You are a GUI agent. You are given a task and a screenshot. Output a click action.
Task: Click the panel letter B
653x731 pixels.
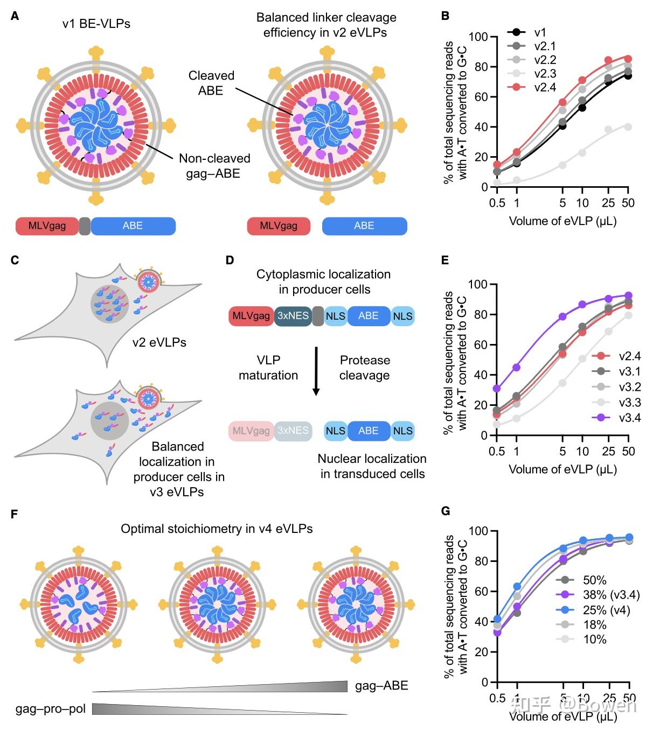pos(445,16)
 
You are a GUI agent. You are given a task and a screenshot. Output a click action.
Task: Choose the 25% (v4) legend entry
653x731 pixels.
pos(606,610)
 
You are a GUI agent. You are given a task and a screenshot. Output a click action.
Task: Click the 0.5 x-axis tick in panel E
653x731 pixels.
pos(496,451)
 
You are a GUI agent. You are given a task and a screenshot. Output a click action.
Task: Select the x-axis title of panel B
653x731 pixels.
pos(562,221)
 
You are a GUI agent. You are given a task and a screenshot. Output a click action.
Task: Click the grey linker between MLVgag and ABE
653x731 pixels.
pos(85,226)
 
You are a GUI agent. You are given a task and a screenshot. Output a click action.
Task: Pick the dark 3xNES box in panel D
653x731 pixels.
pos(293,316)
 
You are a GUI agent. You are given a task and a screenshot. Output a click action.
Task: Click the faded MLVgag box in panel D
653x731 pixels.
pos(251,431)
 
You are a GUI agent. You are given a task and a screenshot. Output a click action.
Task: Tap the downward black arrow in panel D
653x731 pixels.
pos(316,371)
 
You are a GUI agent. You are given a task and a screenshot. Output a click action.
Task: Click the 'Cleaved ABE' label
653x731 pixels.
pos(211,83)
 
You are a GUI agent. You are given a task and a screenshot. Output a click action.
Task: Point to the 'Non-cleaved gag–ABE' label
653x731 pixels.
pos(214,166)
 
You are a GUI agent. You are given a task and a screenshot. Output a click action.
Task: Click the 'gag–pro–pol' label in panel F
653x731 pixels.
pos(50,708)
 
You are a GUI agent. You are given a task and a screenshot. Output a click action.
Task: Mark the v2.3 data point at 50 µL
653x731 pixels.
pos(628,127)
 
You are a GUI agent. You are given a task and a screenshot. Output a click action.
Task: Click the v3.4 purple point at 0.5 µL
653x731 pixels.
pos(496,389)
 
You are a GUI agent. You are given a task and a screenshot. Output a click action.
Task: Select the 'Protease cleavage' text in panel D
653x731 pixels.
pos(365,368)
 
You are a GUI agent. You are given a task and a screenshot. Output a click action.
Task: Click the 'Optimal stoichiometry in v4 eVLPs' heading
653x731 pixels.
pos(217,529)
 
